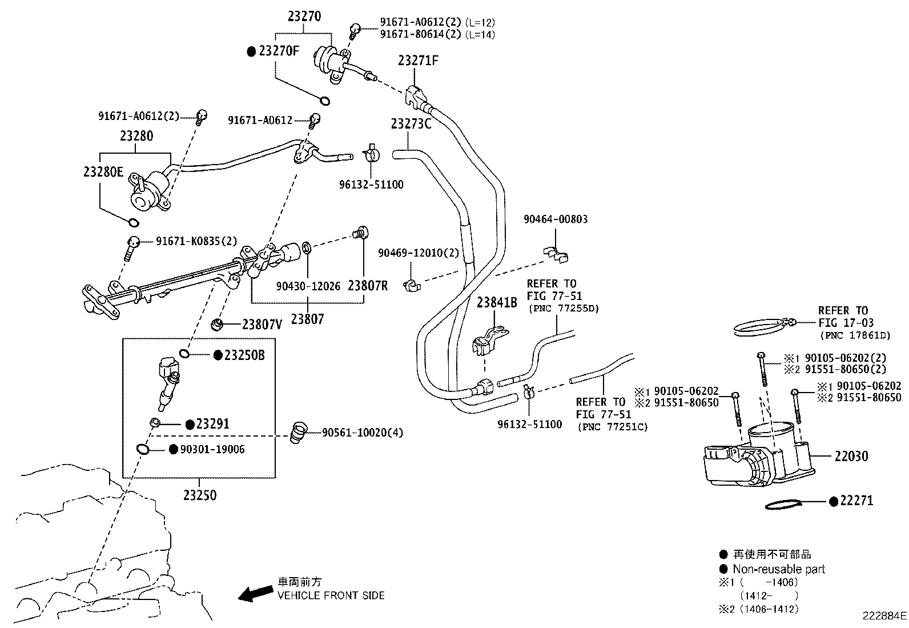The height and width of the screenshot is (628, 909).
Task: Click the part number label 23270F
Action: [279, 51]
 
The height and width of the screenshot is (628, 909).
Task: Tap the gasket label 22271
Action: [856, 501]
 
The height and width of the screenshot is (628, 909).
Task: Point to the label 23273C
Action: [411, 123]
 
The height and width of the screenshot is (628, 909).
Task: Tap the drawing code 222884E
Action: [884, 616]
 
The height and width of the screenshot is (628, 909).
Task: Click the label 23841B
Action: [497, 302]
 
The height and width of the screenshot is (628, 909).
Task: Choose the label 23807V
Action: [262, 325]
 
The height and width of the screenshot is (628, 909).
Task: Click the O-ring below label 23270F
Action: [324, 101]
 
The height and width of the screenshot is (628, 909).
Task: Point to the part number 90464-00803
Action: [556, 219]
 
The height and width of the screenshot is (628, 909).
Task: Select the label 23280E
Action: [103, 171]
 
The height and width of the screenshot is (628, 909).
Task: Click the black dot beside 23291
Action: [190, 425]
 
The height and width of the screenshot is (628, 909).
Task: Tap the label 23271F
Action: [419, 61]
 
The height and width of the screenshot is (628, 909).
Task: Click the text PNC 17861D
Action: [855, 335]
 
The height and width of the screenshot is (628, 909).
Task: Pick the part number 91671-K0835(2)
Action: [196, 242]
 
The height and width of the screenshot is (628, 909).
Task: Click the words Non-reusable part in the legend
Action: [779, 569]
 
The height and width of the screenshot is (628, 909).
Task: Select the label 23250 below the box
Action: [200, 495]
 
